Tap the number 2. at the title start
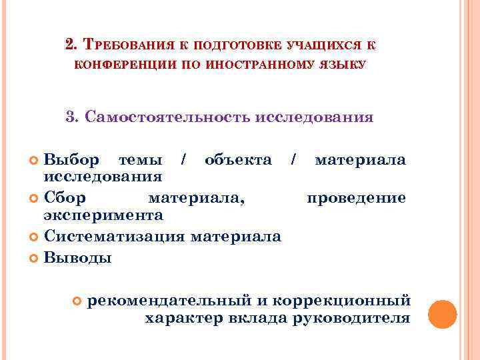73,45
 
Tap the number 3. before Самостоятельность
73,117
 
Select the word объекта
238,160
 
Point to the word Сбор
65,197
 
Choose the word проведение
356,197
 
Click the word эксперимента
103,215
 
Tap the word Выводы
77,257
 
